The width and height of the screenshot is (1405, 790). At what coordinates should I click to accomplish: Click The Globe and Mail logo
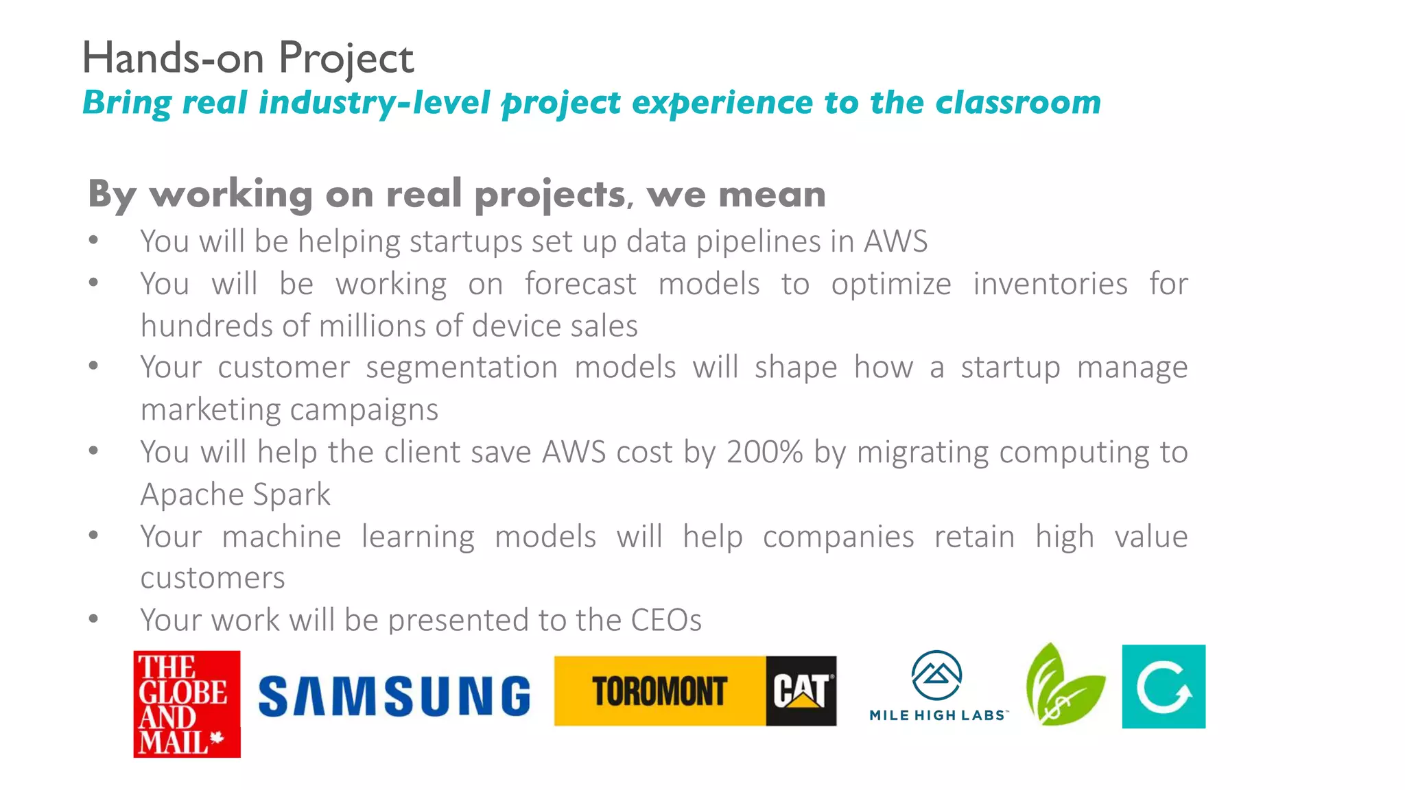coord(187,704)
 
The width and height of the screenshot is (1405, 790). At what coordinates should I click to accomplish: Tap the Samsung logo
coord(394,696)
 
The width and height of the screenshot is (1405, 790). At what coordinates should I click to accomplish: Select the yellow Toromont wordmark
coord(659,691)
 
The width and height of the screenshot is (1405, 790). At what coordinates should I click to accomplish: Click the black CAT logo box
coord(801,691)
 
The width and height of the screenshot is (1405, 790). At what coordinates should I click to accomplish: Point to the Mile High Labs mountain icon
coord(936,676)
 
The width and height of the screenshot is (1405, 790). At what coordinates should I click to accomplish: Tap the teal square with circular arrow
coord(1164,686)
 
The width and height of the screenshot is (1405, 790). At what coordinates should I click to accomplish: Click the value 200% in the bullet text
coord(764,453)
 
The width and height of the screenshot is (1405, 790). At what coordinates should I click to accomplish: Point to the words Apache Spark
coord(235,494)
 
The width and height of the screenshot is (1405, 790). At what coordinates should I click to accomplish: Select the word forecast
coord(580,284)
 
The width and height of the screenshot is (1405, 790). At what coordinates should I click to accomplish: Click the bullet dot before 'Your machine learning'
coord(94,535)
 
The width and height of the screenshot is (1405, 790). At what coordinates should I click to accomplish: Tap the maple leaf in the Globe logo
coord(217,739)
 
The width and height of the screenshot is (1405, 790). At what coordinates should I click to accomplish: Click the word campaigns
coord(364,410)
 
